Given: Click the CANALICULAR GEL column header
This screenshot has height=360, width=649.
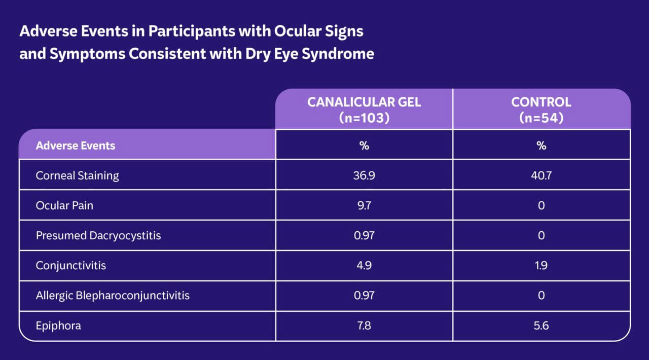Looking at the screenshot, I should point(364,109).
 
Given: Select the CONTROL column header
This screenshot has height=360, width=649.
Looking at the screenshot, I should point(541,109).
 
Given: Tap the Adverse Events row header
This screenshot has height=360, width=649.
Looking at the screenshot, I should point(76,146).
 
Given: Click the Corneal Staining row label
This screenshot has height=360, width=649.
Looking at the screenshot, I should point(77,175).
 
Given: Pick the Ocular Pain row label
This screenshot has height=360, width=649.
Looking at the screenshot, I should point(64,206).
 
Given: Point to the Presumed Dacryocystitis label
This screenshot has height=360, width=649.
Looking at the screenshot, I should point(98,236).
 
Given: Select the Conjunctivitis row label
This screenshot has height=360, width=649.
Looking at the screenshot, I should point(71,265).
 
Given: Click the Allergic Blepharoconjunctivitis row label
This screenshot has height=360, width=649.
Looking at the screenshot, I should point(113,295).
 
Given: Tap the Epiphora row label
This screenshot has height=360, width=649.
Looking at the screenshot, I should point(58,326).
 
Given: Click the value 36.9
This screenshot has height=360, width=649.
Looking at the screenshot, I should point(364,175).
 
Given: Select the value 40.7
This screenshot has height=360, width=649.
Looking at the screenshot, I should point(541,175).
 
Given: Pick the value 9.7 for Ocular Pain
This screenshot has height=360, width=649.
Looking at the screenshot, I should point(364,206).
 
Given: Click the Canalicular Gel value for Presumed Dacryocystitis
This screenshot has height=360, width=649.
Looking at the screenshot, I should point(364,236).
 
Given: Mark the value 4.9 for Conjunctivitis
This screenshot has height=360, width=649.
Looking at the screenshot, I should point(364,265).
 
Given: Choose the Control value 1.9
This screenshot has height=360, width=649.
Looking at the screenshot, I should point(541,265).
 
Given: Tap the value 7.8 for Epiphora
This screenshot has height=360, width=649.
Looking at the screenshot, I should point(364,326).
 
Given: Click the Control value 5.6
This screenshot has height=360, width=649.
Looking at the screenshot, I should point(541,326).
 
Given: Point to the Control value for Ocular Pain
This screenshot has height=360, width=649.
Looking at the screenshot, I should point(541,206).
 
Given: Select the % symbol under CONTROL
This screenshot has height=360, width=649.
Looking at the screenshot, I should point(541,146).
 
